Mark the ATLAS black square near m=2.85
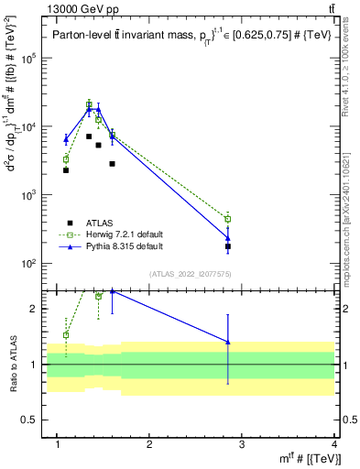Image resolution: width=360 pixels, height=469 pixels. (x=228, y=246)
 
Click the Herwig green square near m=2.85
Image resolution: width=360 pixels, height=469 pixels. (x=228, y=219)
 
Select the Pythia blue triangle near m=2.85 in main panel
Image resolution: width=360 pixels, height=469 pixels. (x=228, y=238)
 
